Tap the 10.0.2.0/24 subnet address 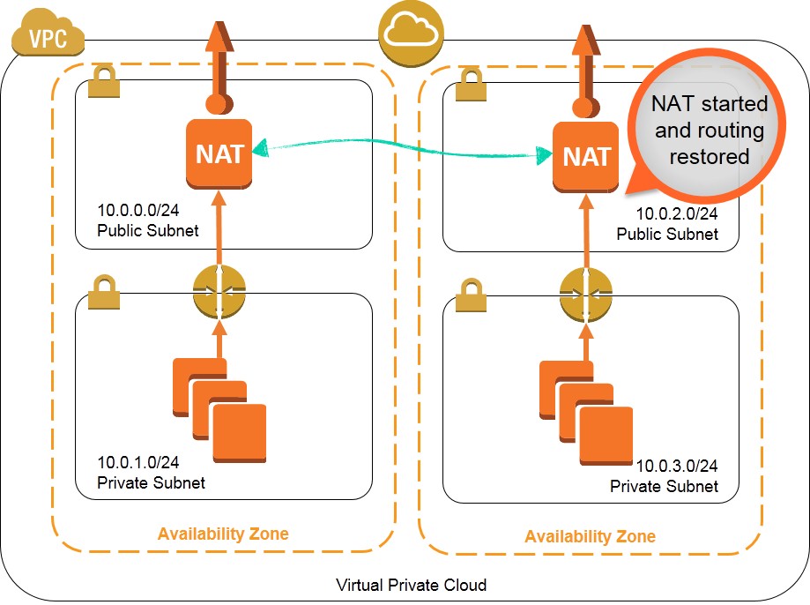click(677, 215)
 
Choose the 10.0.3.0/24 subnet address click(677, 467)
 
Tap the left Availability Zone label click(223, 534)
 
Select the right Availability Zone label click(590, 536)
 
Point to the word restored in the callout click(709, 158)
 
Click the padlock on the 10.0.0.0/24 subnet click(105, 81)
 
